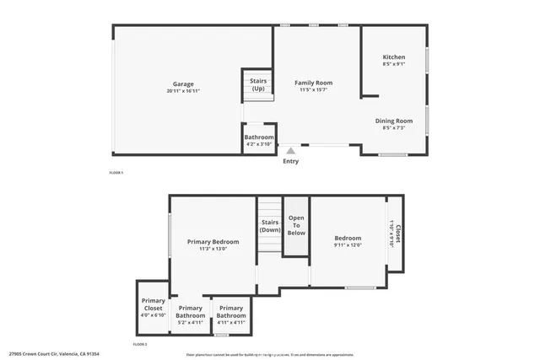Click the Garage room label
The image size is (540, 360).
183,84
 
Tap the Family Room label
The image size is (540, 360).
313,83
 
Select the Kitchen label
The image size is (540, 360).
394,57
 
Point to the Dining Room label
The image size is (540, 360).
394,121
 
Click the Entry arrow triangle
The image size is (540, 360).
291,150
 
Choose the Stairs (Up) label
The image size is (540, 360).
258,84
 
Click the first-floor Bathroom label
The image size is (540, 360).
259,137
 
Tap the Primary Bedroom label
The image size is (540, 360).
213,242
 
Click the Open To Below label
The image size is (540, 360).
296,225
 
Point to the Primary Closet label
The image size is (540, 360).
153,304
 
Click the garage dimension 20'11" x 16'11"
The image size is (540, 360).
183,91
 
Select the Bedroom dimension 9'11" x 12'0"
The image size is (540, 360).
347,245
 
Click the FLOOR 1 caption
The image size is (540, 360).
116,173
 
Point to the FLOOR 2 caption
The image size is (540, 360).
140,344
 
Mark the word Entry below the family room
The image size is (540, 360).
291,161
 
